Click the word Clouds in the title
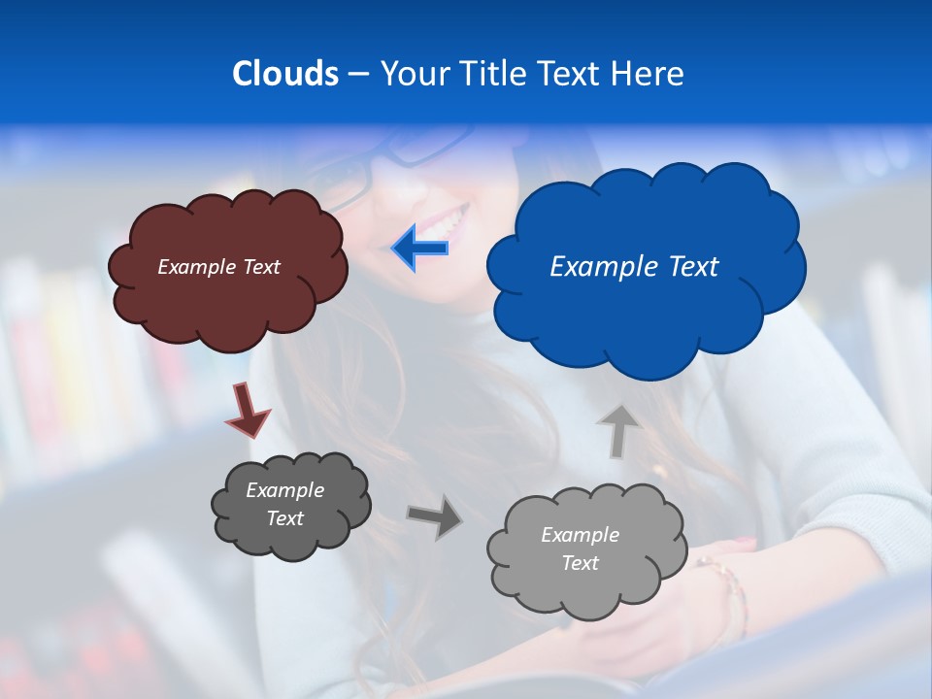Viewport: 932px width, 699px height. click(x=284, y=73)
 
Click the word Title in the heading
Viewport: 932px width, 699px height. click(x=489, y=73)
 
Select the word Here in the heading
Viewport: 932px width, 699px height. click(x=650, y=73)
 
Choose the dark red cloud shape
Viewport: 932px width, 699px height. click(x=228, y=301)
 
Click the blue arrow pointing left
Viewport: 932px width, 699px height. click(x=421, y=249)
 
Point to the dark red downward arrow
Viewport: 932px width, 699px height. click(x=247, y=410)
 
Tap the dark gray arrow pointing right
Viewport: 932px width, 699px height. click(x=435, y=516)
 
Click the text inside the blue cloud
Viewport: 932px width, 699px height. click(x=634, y=266)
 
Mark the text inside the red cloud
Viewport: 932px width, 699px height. click(x=218, y=266)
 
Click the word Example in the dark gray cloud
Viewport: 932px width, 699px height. click(x=284, y=490)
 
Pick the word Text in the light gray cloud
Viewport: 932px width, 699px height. click(x=580, y=563)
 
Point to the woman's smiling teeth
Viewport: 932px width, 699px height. click(x=449, y=222)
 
